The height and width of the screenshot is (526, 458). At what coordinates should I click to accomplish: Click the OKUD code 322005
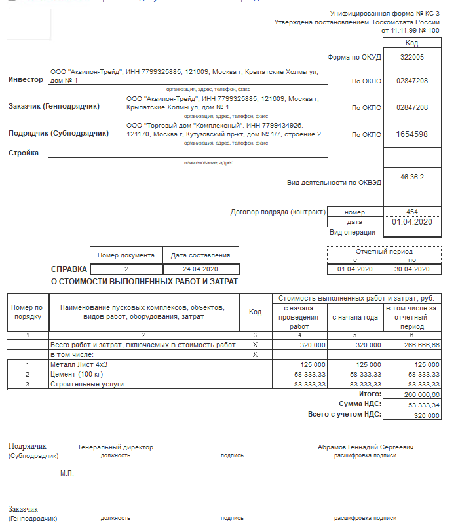(x=411, y=57)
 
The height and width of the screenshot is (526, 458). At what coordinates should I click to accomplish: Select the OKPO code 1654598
(x=411, y=134)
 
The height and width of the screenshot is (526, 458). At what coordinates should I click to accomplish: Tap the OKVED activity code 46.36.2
(x=411, y=177)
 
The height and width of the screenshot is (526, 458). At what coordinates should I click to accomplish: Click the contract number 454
(x=411, y=212)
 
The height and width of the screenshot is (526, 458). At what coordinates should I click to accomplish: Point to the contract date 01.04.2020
(x=411, y=222)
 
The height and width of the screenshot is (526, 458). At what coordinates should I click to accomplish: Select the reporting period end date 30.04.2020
(x=411, y=269)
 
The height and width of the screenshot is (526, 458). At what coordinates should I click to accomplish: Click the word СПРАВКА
(x=69, y=269)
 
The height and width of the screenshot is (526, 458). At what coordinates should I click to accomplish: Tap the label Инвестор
(x=26, y=79)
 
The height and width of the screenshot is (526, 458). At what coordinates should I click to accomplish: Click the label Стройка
(x=24, y=153)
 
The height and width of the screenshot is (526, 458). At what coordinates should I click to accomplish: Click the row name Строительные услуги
(x=86, y=384)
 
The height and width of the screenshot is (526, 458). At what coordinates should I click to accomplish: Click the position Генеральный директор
(x=116, y=447)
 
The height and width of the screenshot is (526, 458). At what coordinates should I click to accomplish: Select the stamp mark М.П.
(x=67, y=473)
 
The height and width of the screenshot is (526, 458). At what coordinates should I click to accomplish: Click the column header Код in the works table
(x=255, y=312)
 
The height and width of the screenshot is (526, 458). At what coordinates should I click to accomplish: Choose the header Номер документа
(x=126, y=255)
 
